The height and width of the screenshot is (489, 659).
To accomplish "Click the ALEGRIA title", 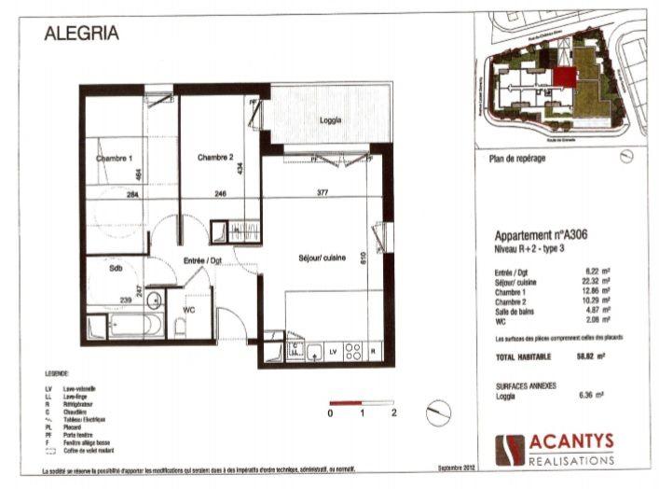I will (82, 34).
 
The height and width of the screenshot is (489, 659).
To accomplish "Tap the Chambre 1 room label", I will (115, 159).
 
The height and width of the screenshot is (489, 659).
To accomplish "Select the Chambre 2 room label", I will (215, 158).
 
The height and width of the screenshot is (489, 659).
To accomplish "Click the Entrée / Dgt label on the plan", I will (202, 260).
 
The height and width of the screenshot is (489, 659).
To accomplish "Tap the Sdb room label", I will (116, 268).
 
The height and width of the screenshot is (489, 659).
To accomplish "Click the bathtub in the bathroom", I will (134, 325).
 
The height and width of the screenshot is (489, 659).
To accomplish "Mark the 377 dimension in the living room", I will (322, 194).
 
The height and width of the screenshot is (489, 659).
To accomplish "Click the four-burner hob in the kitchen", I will (353, 352).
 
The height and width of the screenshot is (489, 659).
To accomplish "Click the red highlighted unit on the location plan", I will (562, 78).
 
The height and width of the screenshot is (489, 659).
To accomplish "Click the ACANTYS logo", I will (556, 449).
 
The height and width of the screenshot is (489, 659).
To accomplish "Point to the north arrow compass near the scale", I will (437, 412).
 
